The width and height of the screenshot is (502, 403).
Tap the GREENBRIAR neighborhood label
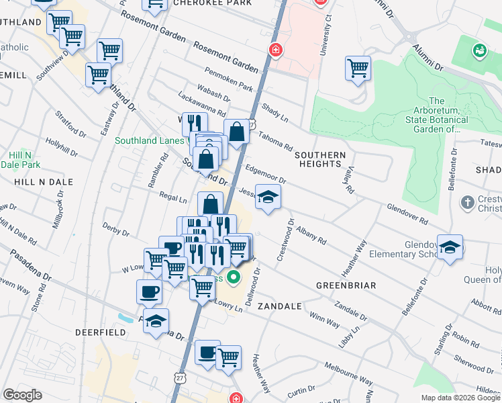(x=346, y=285)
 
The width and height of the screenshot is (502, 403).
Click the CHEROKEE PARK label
(x=203, y=3)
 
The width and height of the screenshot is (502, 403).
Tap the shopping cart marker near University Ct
(x=358, y=67)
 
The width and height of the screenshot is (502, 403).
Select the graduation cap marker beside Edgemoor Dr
(x=268, y=197)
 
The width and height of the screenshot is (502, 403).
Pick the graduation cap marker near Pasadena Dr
(x=156, y=320)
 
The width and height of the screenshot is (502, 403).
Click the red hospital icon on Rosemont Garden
(x=275, y=50)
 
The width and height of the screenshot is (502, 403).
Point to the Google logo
(x=22, y=395)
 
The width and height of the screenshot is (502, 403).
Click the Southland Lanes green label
(x=149, y=140)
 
